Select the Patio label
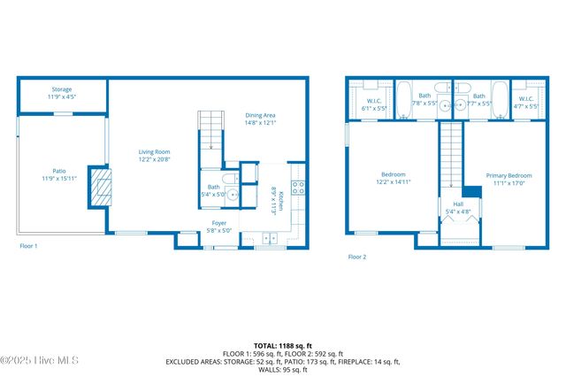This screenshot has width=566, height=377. point(59,172)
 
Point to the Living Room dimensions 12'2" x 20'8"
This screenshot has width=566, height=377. point(153,160)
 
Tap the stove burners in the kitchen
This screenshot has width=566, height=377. point(298,188)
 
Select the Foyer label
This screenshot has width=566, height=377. point(219,222)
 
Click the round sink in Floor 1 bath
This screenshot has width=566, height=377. point(232,191)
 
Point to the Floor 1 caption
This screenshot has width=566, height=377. point(28,245)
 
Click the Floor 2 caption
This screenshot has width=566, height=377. point(356,257)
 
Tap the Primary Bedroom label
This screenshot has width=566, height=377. point(509,175)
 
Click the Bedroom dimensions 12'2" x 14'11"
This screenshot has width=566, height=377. point(394,181)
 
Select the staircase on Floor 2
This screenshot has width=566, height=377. point(452,155)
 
